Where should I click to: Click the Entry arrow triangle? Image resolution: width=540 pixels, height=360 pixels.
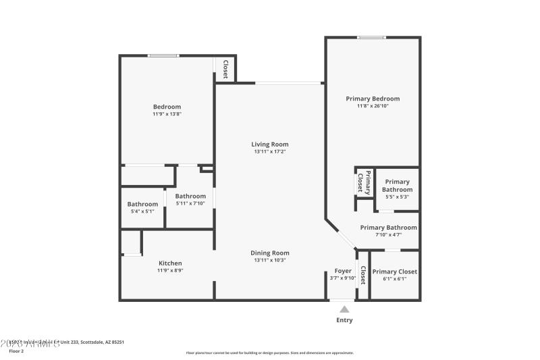click(x=344, y=309)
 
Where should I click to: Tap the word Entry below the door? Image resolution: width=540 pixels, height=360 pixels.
click(x=344, y=320)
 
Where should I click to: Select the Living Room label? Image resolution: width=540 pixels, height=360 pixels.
click(x=270, y=144)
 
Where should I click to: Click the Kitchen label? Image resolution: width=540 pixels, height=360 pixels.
click(x=170, y=263)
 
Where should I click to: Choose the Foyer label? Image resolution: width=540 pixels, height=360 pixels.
click(x=343, y=271)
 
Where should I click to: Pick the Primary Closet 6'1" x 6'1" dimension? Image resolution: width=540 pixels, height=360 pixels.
click(x=394, y=278)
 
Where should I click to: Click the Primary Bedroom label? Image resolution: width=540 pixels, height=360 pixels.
click(x=373, y=99)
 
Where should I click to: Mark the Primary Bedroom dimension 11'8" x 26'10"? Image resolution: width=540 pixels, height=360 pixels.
click(x=373, y=106)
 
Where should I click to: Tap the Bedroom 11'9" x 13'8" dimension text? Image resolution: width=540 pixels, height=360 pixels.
click(x=167, y=114)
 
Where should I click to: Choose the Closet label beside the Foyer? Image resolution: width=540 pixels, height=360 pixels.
click(x=363, y=275)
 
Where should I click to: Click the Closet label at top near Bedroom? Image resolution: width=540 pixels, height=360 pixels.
click(x=225, y=69)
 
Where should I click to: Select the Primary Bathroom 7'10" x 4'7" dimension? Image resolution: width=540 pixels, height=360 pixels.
click(x=388, y=235)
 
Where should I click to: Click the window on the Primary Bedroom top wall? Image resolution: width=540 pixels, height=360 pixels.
click(x=371, y=37)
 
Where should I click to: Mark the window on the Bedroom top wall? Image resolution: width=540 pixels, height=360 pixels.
click(x=163, y=55)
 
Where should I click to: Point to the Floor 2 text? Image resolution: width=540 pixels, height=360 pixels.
click(x=17, y=351)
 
